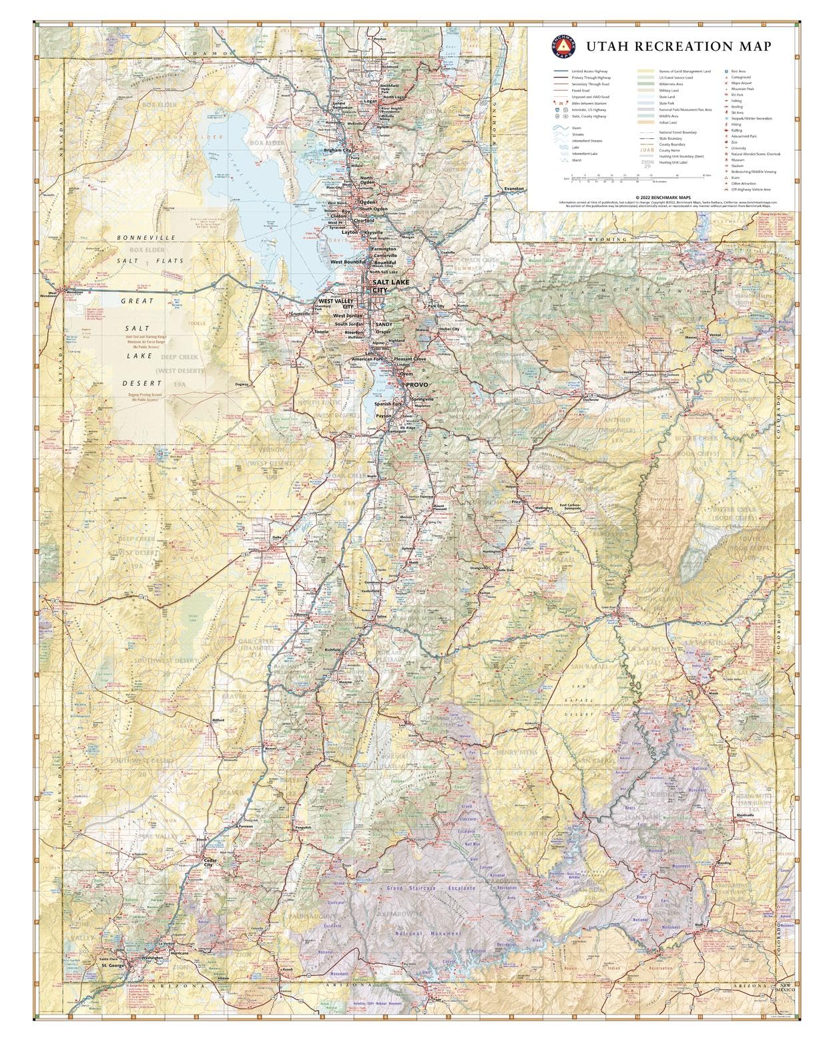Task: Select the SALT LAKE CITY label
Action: [x=379, y=287]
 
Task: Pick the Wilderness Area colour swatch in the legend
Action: [x=645, y=83]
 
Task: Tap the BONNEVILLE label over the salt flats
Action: [x=146, y=238]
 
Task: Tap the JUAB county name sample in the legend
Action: [x=647, y=150]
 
